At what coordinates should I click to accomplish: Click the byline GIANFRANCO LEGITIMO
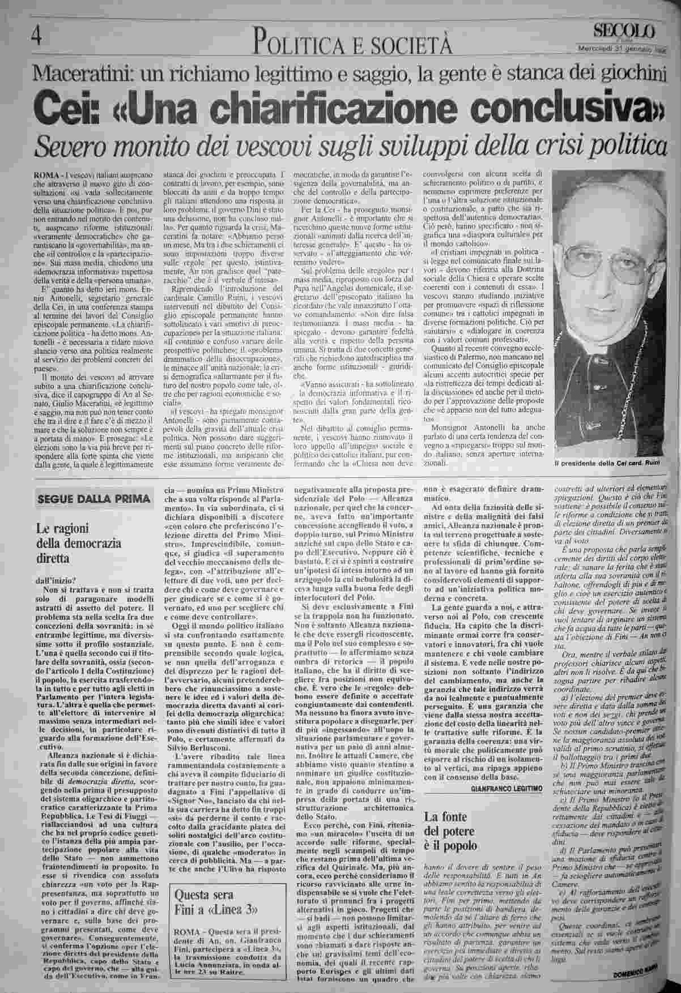pyautogui.click(x=506, y=788)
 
